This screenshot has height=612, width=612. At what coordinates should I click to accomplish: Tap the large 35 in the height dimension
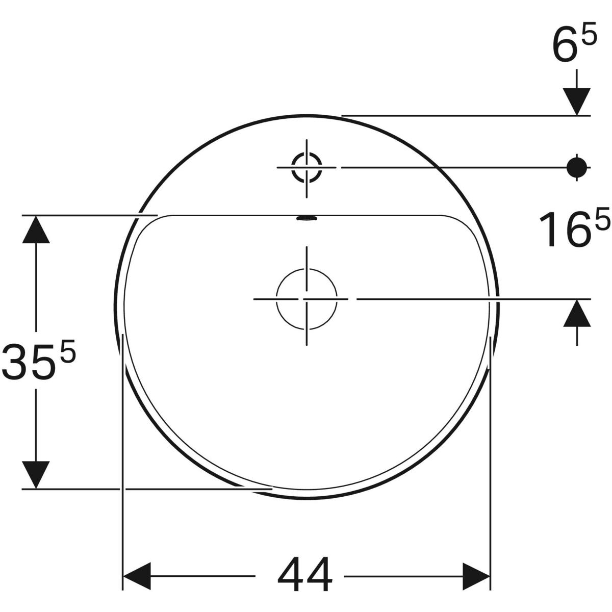click(x=30, y=362)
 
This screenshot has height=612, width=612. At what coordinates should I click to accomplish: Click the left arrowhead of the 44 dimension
click(x=137, y=577)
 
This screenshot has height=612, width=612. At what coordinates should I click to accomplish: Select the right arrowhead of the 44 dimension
click(x=476, y=577)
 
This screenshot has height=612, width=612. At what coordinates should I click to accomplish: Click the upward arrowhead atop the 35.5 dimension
click(x=36, y=229)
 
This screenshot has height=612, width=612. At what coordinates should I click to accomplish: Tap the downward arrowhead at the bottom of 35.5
click(x=36, y=474)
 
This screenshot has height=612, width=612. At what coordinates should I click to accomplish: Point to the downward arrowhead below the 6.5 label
click(x=577, y=101)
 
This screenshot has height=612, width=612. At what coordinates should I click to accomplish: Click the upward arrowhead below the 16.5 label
click(x=577, y=313)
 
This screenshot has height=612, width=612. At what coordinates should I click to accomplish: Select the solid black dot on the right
click(x=577, y=166)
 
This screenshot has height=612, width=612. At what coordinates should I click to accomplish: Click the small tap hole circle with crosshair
click(x=307, y=167)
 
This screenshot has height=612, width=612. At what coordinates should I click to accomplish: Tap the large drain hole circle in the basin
click(x=307, y=298)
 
